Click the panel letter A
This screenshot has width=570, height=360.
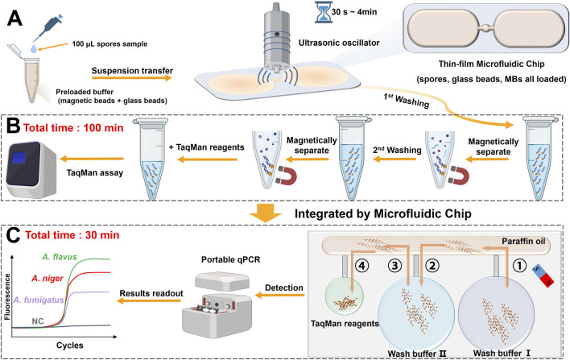tap(15, 19)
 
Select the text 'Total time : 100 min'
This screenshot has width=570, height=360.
tap(73, 128)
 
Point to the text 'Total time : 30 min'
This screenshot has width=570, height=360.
tap(72, 235)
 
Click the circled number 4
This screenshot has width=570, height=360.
tap(361, 266)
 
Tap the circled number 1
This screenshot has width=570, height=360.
tap(519, 266)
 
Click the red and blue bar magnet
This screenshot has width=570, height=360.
tap(543, 275)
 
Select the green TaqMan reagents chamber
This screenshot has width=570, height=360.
tap(344, 296)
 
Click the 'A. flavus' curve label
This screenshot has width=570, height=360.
tap(60, 257)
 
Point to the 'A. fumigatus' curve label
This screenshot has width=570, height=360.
tap(39, 300)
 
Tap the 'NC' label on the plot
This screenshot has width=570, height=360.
tap(38, 321)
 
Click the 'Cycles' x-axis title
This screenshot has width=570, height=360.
tap(70, 345)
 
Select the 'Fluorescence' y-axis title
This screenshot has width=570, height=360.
tap(7, 296)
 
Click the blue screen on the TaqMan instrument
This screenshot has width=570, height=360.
tap(19, 158)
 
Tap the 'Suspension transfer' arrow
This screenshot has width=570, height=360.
tap(131, 78)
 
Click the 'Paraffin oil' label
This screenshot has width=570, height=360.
tap(523, 241)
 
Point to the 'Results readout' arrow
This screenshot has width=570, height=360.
tap(151, 301)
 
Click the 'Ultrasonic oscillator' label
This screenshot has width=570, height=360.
tap(339, 43)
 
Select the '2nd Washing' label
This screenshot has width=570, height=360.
tap(397, 150)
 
